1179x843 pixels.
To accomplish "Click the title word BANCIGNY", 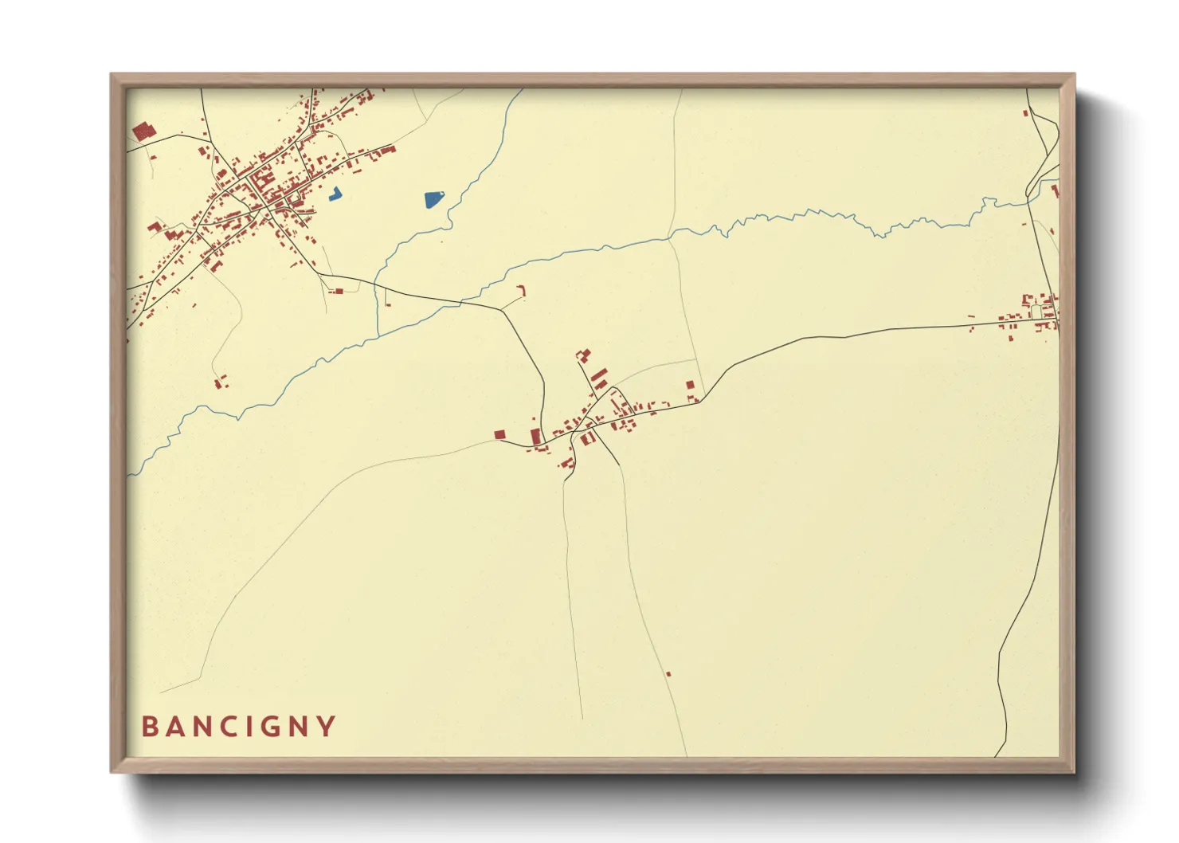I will [239, 727].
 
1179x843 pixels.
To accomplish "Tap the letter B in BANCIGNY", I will [149, 727].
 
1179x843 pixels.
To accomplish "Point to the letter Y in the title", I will [327, 727].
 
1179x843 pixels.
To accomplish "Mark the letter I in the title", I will [247, 727].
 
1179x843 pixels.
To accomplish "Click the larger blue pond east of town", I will [433, 199].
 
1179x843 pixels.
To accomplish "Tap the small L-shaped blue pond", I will [335, 194].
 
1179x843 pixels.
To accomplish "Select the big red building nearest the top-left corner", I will [142, 131].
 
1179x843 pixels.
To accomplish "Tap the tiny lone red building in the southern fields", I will [668, 674].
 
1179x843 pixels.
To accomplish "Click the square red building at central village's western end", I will [499, 434].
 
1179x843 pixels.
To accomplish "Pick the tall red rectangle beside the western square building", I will [535, 437].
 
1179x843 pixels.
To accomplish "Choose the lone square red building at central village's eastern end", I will [690, 385].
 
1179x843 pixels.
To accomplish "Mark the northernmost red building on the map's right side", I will [1025, 113].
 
